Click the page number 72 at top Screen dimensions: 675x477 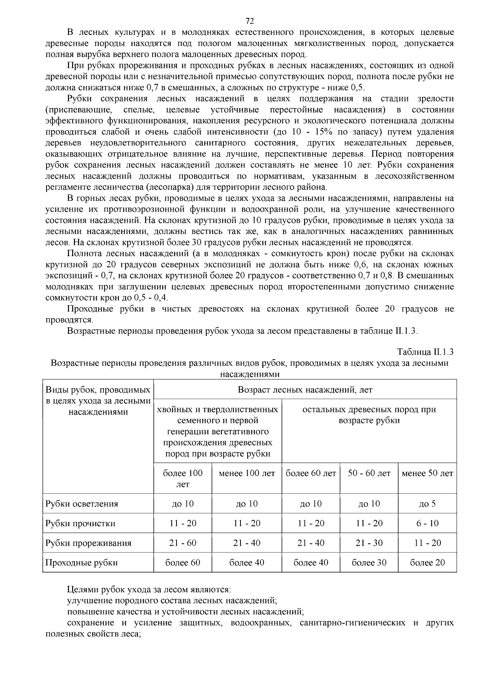(250, 21)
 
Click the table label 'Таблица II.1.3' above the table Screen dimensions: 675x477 (425, 352)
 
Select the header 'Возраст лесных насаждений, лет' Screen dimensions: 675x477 (305, 389)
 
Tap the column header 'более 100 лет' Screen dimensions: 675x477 (182, 479)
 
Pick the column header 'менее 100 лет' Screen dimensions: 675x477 (246, 473)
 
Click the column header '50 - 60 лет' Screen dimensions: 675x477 (369, 473)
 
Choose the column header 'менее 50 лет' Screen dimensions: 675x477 (427, 473)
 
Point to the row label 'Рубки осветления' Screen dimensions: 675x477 (81, 504)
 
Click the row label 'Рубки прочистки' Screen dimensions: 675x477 (80, 523)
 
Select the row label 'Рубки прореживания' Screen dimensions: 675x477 (88, 543)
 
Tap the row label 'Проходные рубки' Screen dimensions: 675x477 (81, 562)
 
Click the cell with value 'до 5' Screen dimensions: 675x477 (427, 504)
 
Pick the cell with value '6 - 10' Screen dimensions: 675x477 (427, 523)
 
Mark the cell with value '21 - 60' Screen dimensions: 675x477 (182, 543)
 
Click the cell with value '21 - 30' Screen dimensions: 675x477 (369, 543)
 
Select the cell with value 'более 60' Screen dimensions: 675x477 (182, 562)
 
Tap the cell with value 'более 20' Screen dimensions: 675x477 (427, 562)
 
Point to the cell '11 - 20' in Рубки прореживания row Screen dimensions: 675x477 (427, 543)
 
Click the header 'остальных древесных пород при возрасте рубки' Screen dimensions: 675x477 (369, 415)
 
